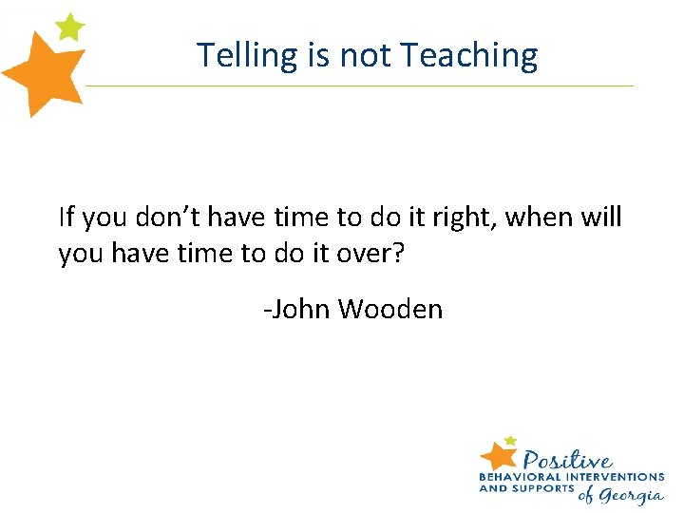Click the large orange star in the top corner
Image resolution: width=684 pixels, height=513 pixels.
(x=43, y=74)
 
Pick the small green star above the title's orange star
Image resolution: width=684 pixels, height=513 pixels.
(x=69, y=26)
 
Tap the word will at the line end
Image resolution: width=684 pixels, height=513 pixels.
(x=602, y=218)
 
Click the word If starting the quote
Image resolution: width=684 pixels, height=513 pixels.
(x=66, y=218)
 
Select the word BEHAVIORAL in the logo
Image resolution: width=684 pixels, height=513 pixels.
(x=519, y=476)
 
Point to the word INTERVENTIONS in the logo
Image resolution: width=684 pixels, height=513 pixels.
(x=613, y=476)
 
